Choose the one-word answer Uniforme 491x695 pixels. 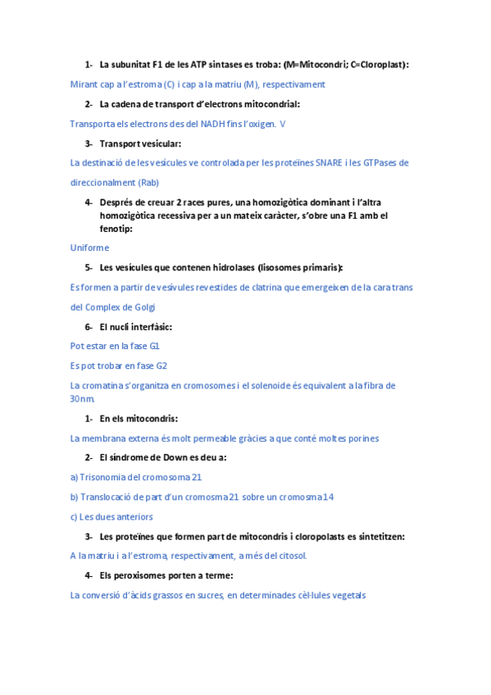pyautogui.click(x=89, y=248)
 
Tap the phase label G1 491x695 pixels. pyautogui.click(x=154, y=346)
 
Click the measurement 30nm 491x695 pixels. pyautogui.click(x=83, y=399)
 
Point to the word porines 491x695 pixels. pyautogui.click(x=361, y=438)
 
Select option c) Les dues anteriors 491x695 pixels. pyautogui.click(x=111, y=516)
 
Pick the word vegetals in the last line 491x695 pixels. pyautogui.click(x=348, y=595)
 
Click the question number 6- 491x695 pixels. pyautogui.click(x=89, y=327)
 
